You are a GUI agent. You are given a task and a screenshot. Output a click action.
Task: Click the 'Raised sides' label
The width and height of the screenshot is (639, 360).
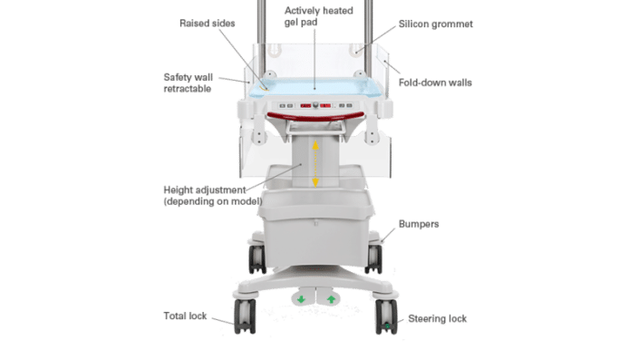click(207, 24)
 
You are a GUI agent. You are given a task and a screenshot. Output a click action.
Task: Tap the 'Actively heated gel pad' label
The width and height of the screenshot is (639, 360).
click(319, 16)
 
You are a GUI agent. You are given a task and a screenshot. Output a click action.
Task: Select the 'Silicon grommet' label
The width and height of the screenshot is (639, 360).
click(436, 24)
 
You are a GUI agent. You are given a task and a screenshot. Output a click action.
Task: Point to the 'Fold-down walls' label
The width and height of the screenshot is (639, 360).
click(435, 83)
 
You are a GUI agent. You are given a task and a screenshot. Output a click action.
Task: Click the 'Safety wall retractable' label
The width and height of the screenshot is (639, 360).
click(188, 83)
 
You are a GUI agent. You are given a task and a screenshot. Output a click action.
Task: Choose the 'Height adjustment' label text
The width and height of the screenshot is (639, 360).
click(205, 190)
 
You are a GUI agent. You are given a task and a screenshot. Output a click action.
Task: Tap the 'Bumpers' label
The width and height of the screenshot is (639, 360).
click(419, 224)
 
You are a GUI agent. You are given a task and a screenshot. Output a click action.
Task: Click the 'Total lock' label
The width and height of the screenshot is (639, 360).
click(185, 316)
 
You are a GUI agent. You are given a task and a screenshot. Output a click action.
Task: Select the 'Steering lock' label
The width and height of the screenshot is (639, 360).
click(437, 318)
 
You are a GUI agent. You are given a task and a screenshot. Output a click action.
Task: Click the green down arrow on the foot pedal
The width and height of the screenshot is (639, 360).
click(301, 299)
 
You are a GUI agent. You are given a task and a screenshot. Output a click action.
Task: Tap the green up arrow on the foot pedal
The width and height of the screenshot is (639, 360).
click(331, 299)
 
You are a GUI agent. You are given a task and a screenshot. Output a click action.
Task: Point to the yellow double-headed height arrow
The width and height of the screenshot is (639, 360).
click(315, 163)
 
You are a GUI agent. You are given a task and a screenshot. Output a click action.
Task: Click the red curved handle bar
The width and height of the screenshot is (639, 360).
click(315, 117)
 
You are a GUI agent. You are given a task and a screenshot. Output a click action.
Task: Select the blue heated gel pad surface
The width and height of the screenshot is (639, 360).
click(315, 87)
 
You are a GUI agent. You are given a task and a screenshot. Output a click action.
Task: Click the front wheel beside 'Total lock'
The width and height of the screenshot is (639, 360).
click(245, 316)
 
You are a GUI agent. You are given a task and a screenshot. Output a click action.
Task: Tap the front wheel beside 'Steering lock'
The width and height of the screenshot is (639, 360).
click(386, 316)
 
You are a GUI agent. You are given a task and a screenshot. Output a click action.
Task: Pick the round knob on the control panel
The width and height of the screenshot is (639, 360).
click(315, 105)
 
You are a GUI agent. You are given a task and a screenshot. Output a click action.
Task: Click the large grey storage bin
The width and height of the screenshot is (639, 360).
click(316, 229)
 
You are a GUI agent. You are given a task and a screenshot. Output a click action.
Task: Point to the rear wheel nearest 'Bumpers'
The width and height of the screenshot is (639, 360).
click(373, 258)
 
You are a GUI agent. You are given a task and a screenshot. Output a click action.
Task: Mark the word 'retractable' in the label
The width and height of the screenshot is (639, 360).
click(188, 89)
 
